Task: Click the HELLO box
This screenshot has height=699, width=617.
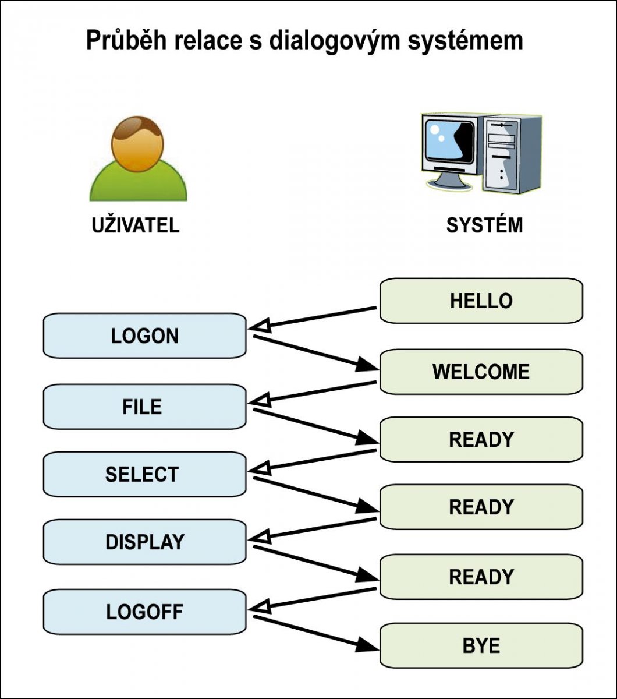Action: point(481,301)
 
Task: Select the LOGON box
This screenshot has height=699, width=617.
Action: point(144,336)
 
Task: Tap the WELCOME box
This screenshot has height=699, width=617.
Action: point(481,372)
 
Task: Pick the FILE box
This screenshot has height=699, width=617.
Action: point(144,407)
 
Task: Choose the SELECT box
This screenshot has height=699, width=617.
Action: point(144,474)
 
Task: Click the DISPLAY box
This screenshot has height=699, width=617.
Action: point(144,542)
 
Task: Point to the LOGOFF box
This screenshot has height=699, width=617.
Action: point(144,612)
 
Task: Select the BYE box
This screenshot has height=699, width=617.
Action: point(481,645)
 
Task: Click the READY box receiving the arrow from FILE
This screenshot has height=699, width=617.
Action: point(481,439)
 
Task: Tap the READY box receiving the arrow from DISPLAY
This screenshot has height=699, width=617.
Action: point(481,577)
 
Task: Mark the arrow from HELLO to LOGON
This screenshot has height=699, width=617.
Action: point(314,318)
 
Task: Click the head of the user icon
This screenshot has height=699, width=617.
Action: point(138,143)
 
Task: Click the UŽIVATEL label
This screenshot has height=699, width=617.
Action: point(136,225)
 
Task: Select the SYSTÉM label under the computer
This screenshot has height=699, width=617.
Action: point(484,225)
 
